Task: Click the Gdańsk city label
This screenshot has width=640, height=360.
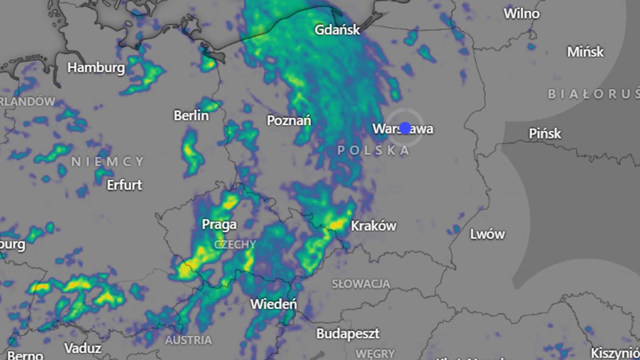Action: click(x=337, y=29)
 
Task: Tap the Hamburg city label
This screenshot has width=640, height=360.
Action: click(x=96, y=68)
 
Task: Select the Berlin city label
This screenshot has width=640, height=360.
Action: click(x=191, y=115)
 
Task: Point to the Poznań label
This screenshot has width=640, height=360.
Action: click(x=289, y=121)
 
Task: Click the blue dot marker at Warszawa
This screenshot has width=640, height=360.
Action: click(x=405, y=128)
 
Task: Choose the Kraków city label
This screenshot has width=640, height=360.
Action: click(x=373, y=226)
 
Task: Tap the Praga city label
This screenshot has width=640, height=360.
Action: click(x=219, y=225)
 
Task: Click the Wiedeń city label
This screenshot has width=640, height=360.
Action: click(x=274, y=305)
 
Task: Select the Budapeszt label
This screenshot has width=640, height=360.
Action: click(x=348, y=334)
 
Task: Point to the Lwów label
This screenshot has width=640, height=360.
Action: click(x=487, y=234)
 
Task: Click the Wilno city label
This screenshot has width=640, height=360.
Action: click(x=522, y=13)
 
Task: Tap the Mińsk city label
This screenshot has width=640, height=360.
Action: click(x=585, y=52)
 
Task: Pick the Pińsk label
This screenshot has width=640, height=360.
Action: click(x=545, y=133)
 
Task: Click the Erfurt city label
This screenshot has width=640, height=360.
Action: click(x=124, y=185)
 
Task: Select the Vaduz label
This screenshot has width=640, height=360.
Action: click(x=83, y=348)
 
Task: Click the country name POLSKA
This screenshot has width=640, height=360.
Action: click(x=373, y=150)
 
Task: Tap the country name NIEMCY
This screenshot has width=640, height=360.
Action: click(x=108, y=161)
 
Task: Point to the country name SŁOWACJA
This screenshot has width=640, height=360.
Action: click(x=361, y=284)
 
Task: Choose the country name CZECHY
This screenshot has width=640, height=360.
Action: click(x=235, y=244)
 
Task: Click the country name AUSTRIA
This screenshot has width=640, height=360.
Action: click(x=188, y=340)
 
